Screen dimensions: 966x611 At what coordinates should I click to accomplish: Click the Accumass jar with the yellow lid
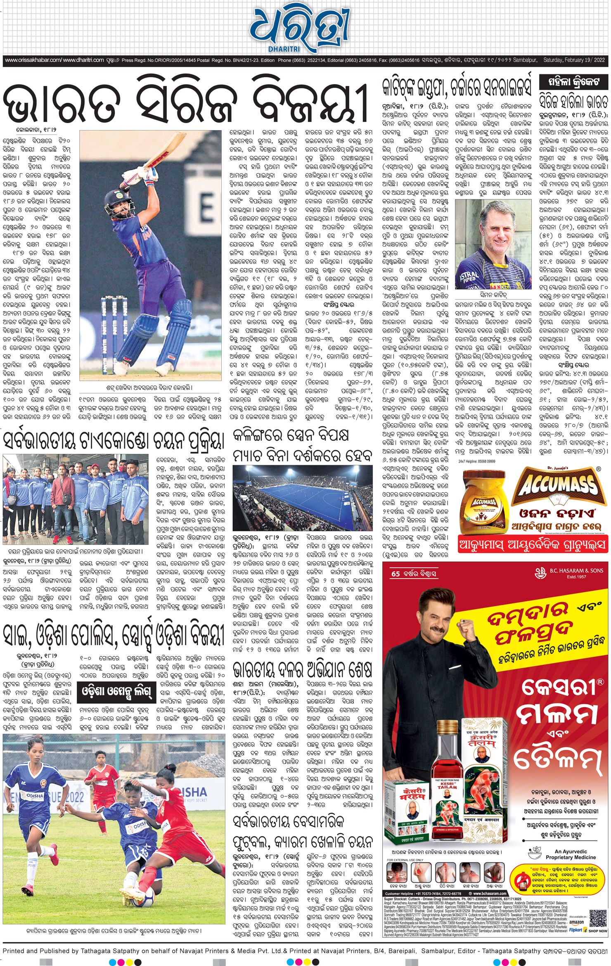click(483, 501)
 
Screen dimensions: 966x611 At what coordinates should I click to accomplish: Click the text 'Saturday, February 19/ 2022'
click(574, 60)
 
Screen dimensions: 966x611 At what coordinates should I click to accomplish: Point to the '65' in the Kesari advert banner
click(395, 574)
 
